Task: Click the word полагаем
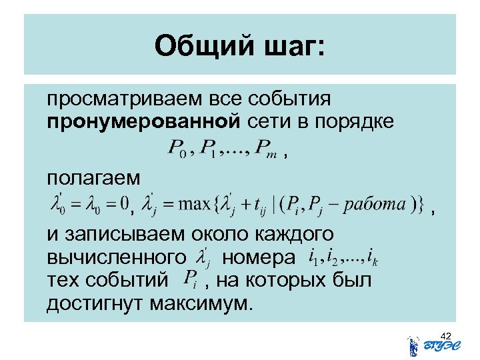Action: pos(93,178)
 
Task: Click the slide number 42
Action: pos(446,335)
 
